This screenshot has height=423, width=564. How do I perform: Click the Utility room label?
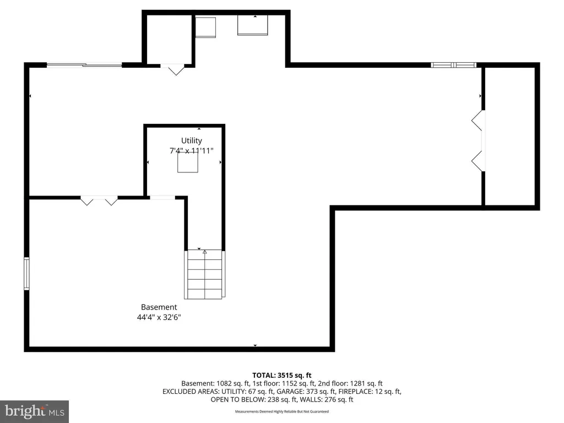[191, 140]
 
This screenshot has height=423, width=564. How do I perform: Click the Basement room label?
[159, 307]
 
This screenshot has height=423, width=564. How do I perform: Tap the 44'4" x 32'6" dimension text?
[159, 317]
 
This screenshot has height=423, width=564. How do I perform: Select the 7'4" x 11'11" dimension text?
[191, 150]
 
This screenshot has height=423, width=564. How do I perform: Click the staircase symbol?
[205, 274]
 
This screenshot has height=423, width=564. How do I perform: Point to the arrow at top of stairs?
[205, 252]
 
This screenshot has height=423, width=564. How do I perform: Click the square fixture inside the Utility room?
[188, 162]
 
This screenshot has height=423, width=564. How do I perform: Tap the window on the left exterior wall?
[26, 273]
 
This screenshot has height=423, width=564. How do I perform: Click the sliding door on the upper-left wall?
[84, 65]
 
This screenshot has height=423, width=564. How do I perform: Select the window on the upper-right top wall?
[454, 65]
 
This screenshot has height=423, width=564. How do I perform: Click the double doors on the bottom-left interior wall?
[99, 200]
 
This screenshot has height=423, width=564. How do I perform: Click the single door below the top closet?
[172, 69]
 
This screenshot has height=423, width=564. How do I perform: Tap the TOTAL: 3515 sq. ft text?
[281, 376]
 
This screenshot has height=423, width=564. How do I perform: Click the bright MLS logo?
[35, 411]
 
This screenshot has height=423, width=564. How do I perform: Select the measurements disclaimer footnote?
[281, 411]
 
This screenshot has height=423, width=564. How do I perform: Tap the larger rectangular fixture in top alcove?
[252, 25]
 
